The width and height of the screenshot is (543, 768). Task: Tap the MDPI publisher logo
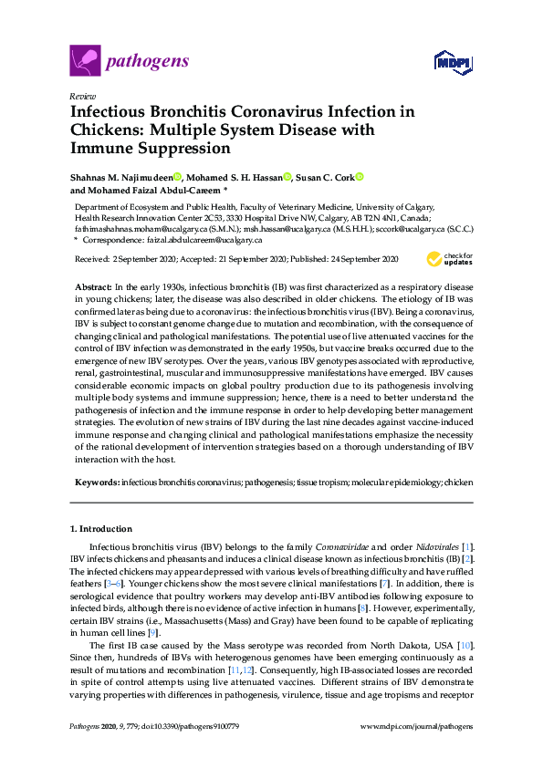[x=454, y=63]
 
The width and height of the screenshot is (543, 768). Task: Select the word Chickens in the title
[x=102, y=130]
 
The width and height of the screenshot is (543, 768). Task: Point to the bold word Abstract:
[x=93, y=286]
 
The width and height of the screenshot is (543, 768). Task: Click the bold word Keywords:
[x=96, y=480]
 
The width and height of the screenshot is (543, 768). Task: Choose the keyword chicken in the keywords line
[x=458, y=480]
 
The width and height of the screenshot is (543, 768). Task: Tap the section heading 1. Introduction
[x=101, y=528]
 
